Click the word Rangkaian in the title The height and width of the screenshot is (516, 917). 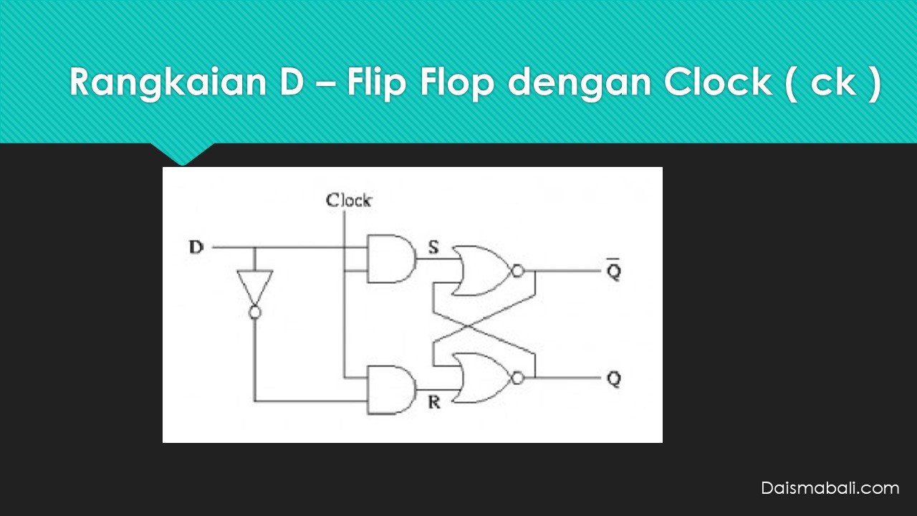[x=168, y=82]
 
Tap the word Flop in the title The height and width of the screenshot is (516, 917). [x=457, y=82]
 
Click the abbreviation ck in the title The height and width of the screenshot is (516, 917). [x=833, y=82]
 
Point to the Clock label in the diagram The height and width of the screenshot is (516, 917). [x=349, y=200]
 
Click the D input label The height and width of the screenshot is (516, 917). [x=196, y=247]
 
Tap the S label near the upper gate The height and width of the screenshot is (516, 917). [x=433, y=247]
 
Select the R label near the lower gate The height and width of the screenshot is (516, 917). [x=434, y=403]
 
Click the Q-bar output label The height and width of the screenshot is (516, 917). [x=614, y=269]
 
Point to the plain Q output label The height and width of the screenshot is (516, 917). [x=614, y=379]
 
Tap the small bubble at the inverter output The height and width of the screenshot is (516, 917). [x=254, y=312]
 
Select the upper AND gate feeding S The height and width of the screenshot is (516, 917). [x=392, y=259]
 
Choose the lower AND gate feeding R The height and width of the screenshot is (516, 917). [x=392, y=390]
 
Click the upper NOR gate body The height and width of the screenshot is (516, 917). [x=481, y=271]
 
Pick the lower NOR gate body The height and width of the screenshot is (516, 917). [x=481, y=378]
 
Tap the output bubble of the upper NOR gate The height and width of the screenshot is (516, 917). [x=518, y=271]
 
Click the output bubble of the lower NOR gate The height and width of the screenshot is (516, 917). [x=518, y=378]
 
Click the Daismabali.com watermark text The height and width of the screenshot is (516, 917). [x=830, y=488]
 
